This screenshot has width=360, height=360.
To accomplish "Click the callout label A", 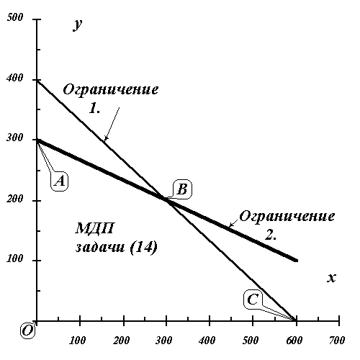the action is [x=59, y=181].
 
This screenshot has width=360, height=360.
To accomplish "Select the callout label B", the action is [x=183, y=189].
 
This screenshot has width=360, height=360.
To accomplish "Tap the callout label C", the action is [x=253, y=300].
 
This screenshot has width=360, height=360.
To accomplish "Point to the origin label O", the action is [x=27, y=330].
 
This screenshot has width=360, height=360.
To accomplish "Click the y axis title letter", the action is [x=78, y=24].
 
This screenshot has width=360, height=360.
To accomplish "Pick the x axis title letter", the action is [x=331, y=278].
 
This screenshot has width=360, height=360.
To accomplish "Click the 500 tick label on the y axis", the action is [x=15, y=17].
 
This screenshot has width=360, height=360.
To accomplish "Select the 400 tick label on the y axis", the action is [x=15, y=78].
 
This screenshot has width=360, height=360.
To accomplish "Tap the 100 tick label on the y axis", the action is [x=15, y=258].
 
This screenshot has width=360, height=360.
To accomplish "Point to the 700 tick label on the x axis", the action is [x=337, y=341].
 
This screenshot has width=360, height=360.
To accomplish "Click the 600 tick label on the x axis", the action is [x=294, y=341].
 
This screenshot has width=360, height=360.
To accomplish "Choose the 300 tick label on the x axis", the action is [x=164, y=341].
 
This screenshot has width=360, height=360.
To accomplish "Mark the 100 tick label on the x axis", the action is [x=77, y=341].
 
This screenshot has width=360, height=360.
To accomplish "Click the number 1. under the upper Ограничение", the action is [x=94, y=108].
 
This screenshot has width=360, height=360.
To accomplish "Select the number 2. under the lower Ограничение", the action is [x=271, y=235].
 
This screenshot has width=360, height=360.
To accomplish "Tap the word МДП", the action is [x=94, y=228].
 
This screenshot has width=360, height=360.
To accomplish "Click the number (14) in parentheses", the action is [x=144, y=247].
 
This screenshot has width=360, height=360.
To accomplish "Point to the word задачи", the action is [x=100, y=247].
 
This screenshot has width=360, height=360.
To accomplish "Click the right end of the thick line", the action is [x=297, y=261].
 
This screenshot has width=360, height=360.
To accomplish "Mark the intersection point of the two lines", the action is [x=166, y=199].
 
